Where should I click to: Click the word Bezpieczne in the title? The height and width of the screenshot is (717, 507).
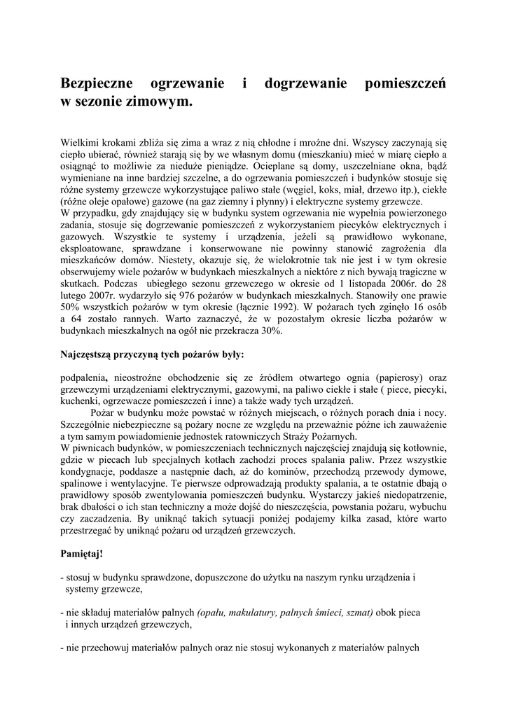click(x=97, y=85)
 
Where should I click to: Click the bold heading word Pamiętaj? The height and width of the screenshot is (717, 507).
click(x=82, y=554)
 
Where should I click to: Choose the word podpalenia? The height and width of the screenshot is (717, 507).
click(x=83, y=377)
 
